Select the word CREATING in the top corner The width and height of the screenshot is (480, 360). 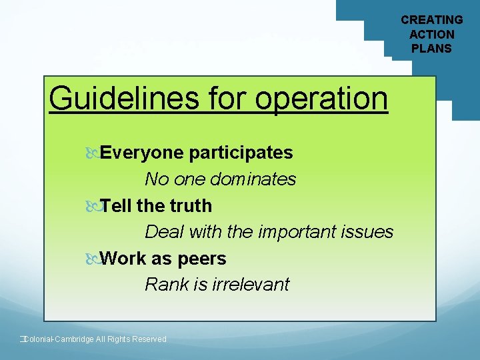point(431,20)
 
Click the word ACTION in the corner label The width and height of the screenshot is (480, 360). point(431,34)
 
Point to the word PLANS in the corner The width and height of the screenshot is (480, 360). point(431,48)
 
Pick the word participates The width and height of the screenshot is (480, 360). point(241,153)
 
